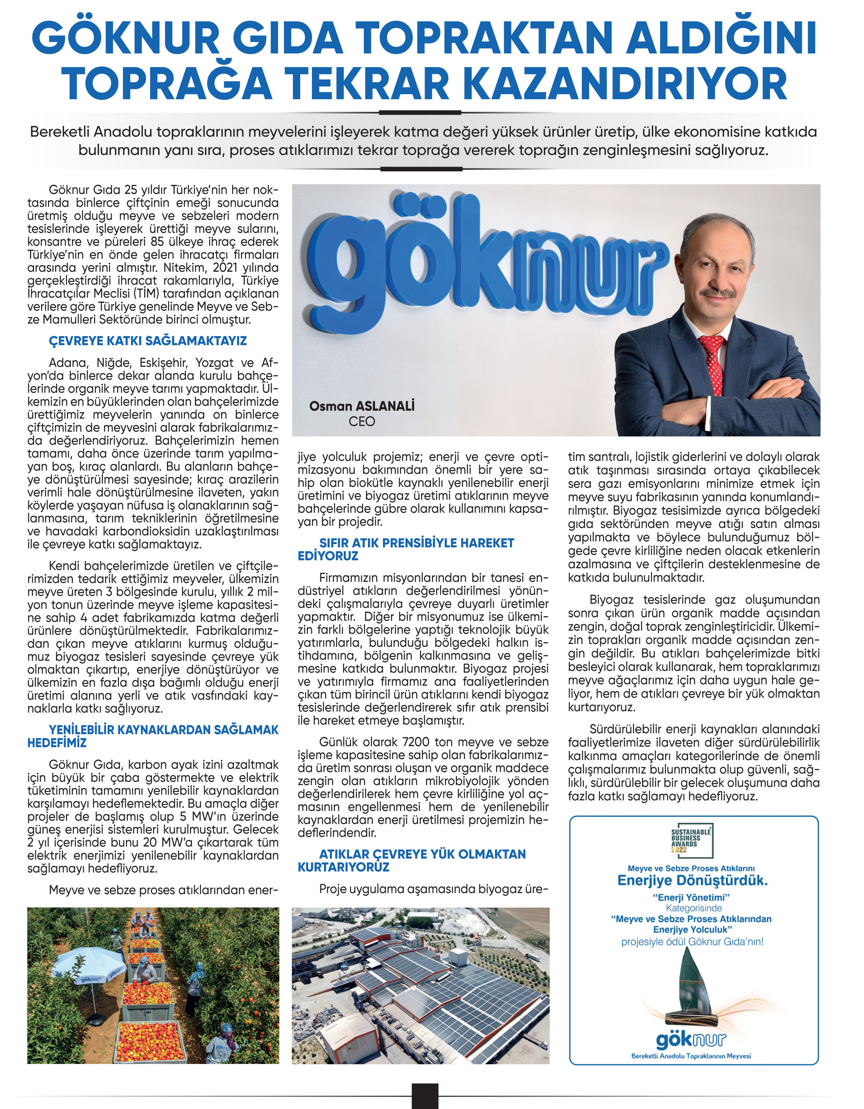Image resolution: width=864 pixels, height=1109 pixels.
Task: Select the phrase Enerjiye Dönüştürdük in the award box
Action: point(692,881)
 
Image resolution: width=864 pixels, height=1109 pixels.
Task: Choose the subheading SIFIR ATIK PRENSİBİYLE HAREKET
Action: point(416,543)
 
